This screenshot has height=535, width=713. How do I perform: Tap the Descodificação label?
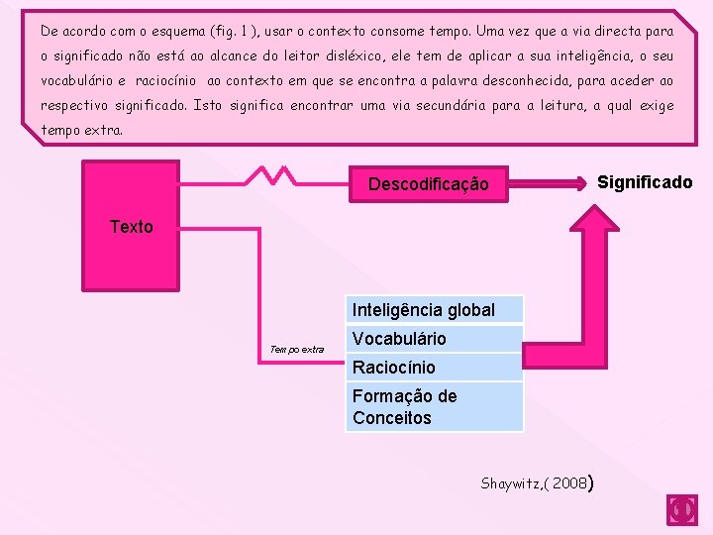(428, 184)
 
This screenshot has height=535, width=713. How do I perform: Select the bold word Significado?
(645, 182)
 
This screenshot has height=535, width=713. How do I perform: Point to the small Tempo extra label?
(296, 349)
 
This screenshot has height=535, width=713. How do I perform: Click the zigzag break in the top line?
(269, 175)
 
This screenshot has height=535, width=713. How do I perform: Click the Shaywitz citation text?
(513, 483)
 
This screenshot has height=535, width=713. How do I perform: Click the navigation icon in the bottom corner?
(682, 509)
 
